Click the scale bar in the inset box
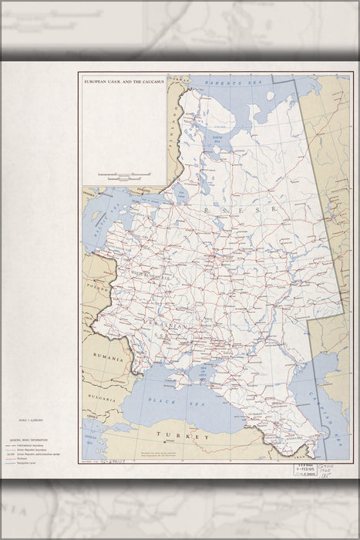pos(122,176)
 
